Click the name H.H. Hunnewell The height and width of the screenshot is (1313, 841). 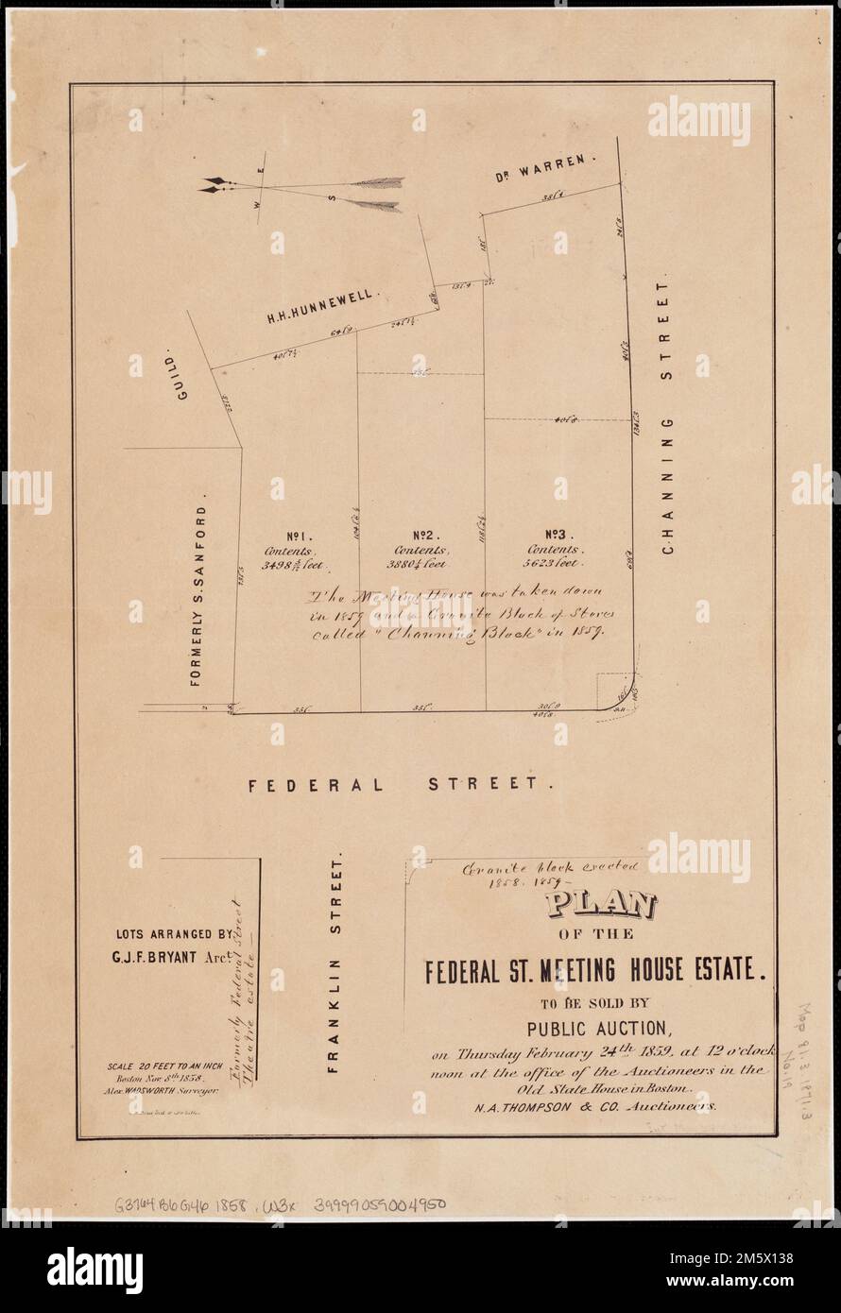tap(323, 307)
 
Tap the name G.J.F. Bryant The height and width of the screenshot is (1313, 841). tap(173, 953)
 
